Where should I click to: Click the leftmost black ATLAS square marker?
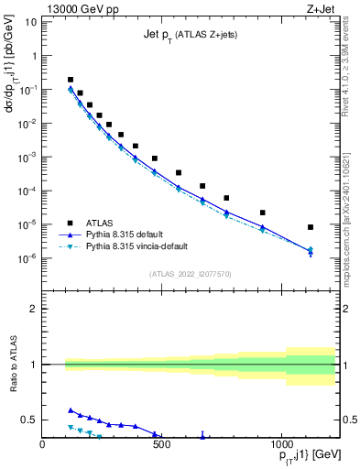click(x=71, y=80)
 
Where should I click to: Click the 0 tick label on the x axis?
click(x=43, y=443)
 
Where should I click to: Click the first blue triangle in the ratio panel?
click(x=71, y=410)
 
